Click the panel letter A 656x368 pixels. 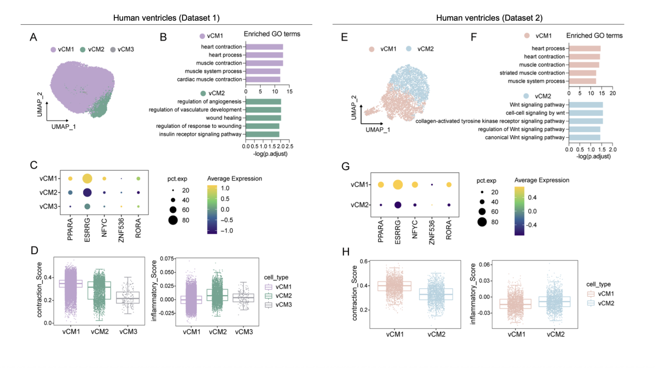pos(34,37)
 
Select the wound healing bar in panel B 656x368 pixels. pos(263,118)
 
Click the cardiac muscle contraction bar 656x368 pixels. pos(263,79)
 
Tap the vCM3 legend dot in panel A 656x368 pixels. pos(114,50)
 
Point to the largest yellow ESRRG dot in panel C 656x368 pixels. pos(87,179)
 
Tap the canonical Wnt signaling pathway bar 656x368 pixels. pos(584,137)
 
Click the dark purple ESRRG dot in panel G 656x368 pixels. pos(398,205)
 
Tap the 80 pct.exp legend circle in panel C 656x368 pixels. pos(172,221)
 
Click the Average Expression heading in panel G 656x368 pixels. pos(542,181)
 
